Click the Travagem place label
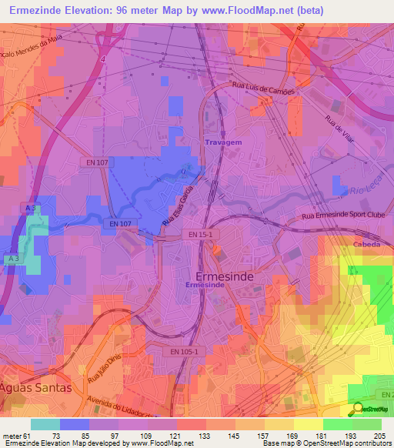[x=223, y=142]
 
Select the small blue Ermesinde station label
[x=205, y=285]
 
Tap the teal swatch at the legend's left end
[x=45, y=424]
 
